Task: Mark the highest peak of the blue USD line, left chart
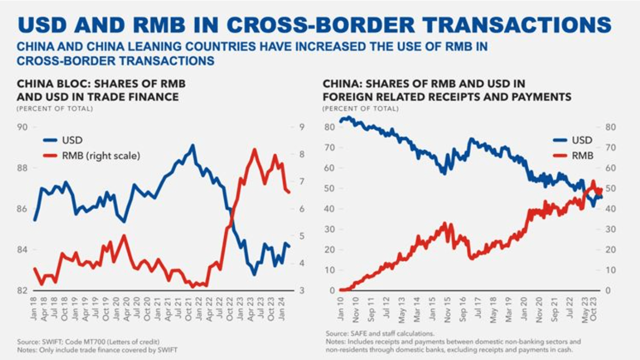[x=192, y=145]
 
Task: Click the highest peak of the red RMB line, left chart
[x=254, y=149]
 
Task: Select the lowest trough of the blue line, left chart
[x=254, y=274]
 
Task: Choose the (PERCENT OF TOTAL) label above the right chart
[x=360, y=109]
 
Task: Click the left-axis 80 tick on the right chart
[x=329, y=127]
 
